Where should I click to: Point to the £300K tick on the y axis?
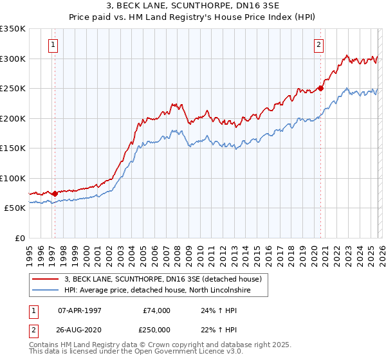click(13, 59)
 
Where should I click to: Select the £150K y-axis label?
click(13, 148)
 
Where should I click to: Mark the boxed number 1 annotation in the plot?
click(52, 44)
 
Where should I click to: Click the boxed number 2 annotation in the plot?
click(318, 44)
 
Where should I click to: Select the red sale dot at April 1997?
click(55, 194)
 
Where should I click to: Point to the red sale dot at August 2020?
click(320, 89)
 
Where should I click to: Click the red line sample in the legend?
click(46, 280)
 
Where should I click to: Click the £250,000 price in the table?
click(156, 329)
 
